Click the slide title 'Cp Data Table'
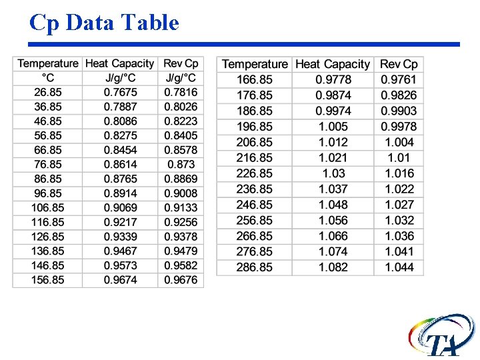[104, 23]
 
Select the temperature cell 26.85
[48, 92]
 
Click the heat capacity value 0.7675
[120, 92]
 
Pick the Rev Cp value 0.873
[181, 164]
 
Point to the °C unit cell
[48, 78]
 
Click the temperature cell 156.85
[48, 280]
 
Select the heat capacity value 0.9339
[120, 237]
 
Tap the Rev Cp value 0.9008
[181, 193]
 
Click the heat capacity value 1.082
[333, 267]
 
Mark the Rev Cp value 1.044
[399, 267]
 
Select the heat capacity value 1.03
[333, 173]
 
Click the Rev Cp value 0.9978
[399, 127]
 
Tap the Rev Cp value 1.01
[399, 158]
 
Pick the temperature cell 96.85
[48, 193]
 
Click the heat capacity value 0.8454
[120, 150]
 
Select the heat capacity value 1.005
[333, 127]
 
